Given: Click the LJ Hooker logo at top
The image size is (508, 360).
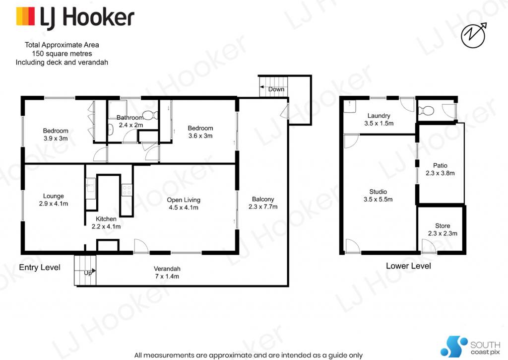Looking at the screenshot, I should point(75,17).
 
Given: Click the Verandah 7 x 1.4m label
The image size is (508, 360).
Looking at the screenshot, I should point(167,272).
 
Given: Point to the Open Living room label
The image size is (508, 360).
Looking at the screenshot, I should point(184,204).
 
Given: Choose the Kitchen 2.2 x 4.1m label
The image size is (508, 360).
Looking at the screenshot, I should point(106,222).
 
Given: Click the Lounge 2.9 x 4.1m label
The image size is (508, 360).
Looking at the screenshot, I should point(53,200).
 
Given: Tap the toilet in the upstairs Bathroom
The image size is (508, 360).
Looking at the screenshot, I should point(150,116).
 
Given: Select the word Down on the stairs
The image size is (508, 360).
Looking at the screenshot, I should point(276,89).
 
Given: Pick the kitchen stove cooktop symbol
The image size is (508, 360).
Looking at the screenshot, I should point(127,189).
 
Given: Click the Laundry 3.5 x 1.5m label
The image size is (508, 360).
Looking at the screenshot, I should point(379,120).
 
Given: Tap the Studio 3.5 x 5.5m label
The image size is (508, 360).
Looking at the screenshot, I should point(378,196).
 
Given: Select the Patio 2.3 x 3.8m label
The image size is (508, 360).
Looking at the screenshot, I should point(440,169).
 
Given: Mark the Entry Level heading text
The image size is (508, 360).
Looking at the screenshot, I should point(40,268).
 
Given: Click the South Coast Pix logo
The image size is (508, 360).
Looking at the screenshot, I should point(464,345).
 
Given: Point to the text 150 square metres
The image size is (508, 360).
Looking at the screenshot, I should point(62,54).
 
